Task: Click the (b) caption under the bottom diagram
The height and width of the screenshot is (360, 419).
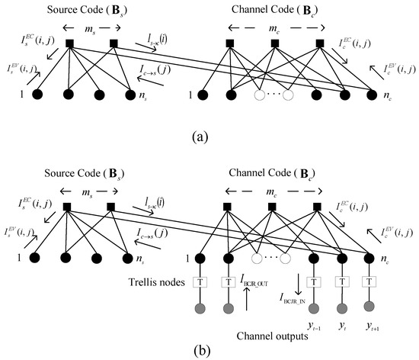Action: [x=208, y=349]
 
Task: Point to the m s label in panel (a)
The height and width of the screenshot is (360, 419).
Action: [x=89, y=27]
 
